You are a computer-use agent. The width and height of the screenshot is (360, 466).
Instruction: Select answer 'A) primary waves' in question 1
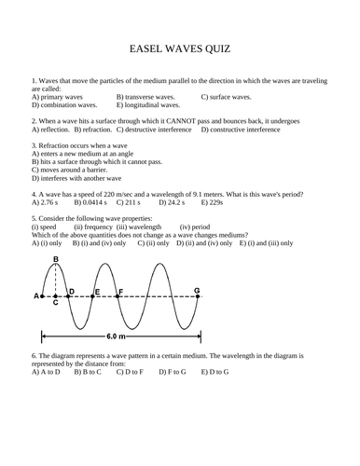point(62,97)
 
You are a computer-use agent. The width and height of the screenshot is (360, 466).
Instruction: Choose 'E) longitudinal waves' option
point(149,105)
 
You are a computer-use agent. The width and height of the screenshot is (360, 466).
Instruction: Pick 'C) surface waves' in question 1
point(227,97)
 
